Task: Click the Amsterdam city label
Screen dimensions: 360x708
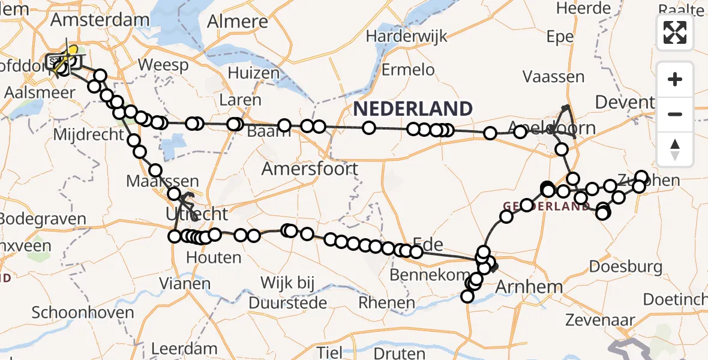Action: (x=100, y=19)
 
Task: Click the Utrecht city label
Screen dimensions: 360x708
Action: (x=197, y=214)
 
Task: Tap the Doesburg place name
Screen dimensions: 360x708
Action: (x=626, y=266)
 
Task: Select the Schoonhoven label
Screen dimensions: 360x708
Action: (x=74, y=313)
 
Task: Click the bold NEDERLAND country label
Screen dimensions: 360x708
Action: (x=413, y=109)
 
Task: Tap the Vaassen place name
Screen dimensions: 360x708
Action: (x=553, y=77)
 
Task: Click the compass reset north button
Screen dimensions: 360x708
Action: (x=675, y=149)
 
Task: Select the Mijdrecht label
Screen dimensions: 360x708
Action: (x=88, y=134)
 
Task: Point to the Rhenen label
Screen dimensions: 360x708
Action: (x=386, y=302)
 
